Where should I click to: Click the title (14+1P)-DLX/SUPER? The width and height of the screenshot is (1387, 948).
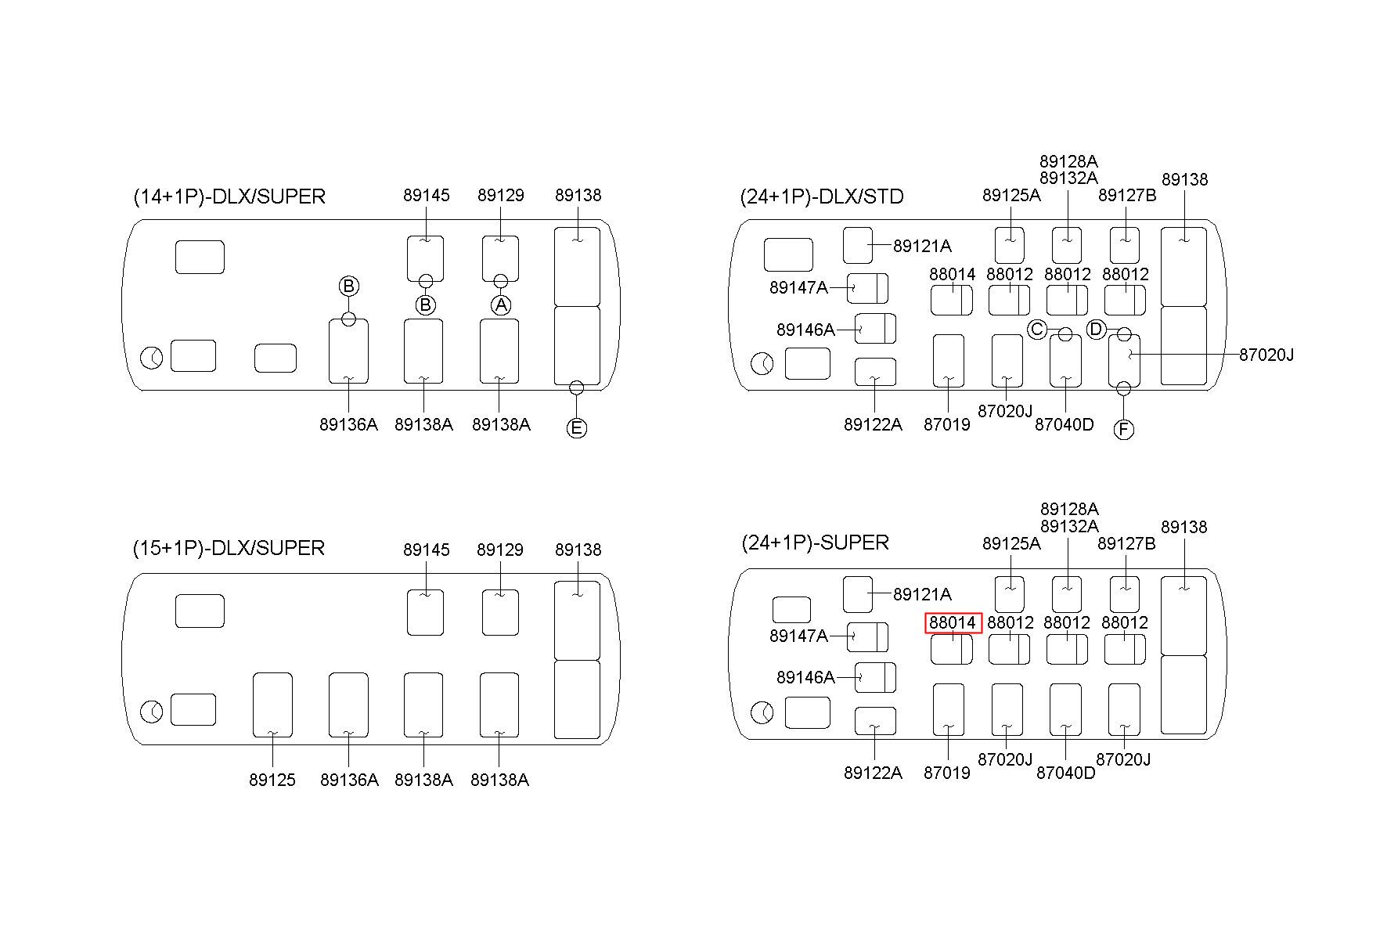click(229, 196)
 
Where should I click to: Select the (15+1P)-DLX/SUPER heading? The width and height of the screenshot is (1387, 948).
click(229, 548)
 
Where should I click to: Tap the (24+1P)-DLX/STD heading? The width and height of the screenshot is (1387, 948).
click(822, 196)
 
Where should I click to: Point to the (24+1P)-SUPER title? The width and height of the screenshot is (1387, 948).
click(815, 542)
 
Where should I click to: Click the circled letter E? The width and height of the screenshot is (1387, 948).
click(577, 428)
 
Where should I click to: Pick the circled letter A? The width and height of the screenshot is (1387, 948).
click(501, 305)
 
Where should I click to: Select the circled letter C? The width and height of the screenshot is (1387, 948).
click(1037, 330)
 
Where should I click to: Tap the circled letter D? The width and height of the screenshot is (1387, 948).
click(1096, 330)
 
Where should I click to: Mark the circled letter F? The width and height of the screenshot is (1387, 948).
click(1123, 430)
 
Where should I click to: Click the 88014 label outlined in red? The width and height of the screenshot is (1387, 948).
click(953, 623)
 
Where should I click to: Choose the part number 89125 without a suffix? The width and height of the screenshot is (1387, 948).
click(272, 780)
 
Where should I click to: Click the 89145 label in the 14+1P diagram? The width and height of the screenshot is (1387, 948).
click(427, 195)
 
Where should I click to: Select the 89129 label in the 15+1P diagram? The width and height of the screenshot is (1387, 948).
click(500, 550)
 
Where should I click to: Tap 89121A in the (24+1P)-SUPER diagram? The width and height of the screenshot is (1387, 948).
click(922, 594)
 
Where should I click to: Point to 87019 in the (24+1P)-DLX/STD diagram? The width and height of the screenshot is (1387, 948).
click(947, 424)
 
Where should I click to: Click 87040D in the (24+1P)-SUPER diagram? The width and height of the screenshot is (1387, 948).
click(1065, 773)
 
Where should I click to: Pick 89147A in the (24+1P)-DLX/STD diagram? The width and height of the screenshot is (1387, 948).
click(798, 287)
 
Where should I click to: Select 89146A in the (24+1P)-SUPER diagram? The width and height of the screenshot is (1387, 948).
click(805, 677)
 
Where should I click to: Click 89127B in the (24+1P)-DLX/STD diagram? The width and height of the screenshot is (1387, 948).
click(1127, 195)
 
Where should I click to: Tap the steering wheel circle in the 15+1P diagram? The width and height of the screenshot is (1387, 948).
click(152, 712)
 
